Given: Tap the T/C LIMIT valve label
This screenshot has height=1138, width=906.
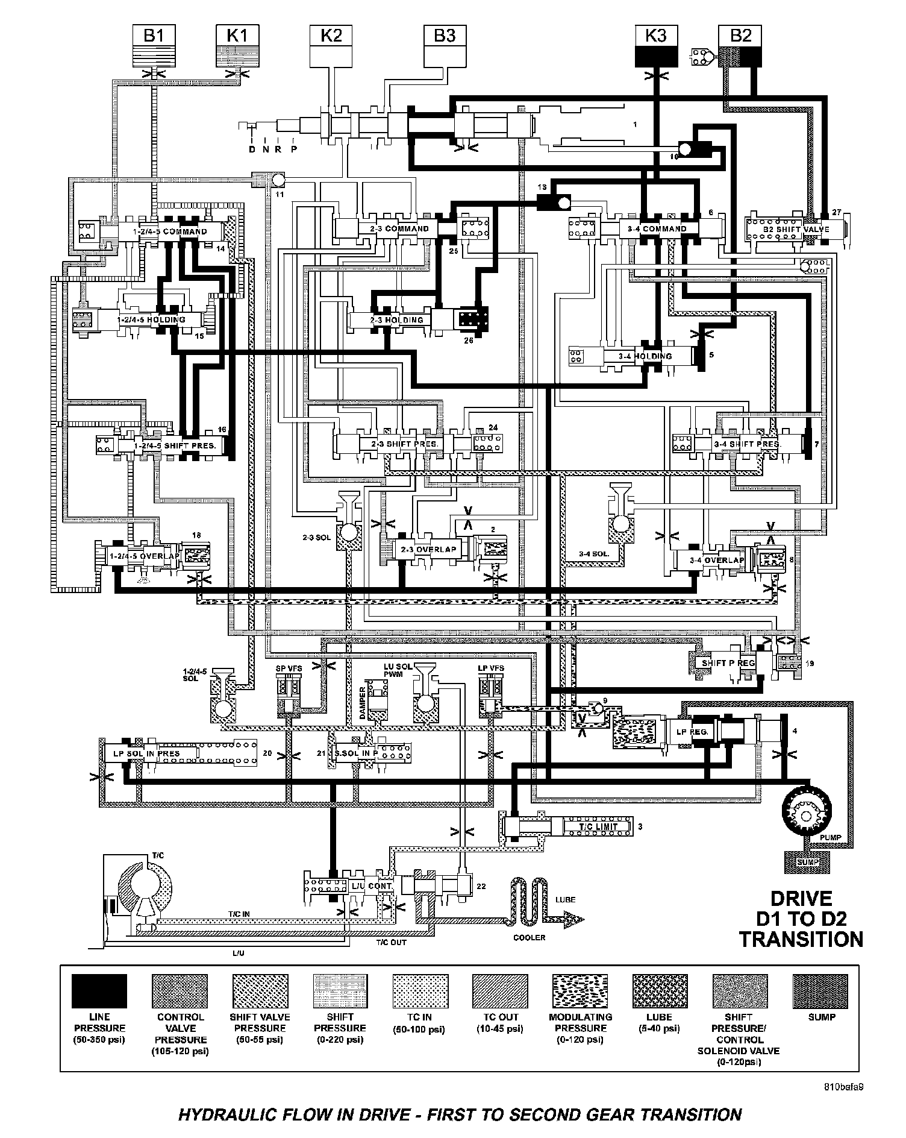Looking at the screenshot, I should click(598, 826).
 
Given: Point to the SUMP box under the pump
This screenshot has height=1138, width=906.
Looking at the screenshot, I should click(808, 862).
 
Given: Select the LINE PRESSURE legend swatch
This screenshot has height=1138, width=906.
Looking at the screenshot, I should click(99, 991).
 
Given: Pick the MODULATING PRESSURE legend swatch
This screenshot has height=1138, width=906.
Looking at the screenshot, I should click(580, 991).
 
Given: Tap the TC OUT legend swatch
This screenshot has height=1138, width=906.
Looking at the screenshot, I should click(500, 991).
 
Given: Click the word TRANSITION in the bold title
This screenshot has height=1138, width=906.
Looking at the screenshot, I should click(801, 939).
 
